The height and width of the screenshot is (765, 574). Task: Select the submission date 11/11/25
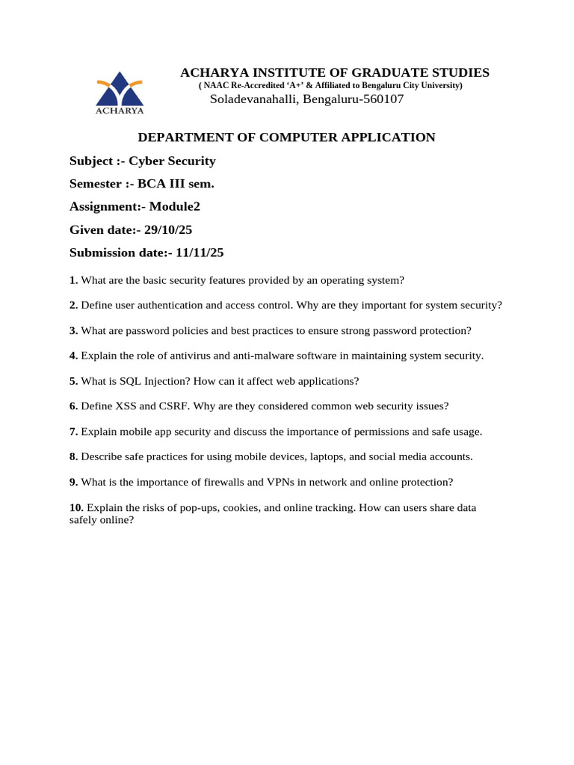tap(200, 253)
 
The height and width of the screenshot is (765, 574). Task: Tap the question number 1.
tap(73, 280)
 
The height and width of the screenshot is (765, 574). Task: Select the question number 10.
tap(76, 508)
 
